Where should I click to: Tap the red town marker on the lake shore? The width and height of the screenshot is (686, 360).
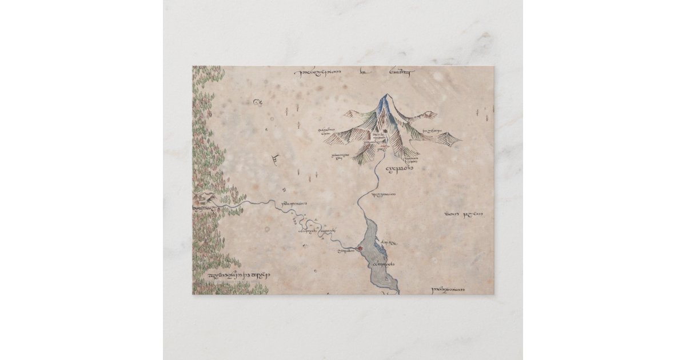pyautogui.click(x=359, y=248)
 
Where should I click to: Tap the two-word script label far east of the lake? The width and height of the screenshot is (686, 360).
pyautogui.click(x=464, y=214)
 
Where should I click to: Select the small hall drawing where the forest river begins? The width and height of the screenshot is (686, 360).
pyautogui.click(x=204, y=198)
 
